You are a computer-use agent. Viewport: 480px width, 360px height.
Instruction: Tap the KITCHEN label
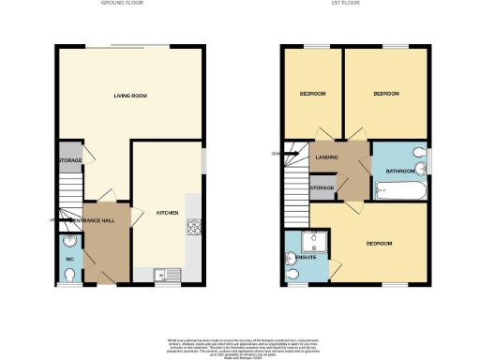167,213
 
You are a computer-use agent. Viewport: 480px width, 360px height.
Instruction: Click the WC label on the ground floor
69,259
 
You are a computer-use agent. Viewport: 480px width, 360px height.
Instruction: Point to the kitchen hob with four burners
194,226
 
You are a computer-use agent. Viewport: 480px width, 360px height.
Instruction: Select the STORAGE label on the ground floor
69,160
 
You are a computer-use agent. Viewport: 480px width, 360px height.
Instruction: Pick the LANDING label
326,157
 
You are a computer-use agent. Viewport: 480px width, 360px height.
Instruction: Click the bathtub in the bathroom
400,191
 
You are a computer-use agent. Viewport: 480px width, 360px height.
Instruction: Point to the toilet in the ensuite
293,273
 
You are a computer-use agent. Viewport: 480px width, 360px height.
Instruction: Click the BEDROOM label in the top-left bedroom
312,94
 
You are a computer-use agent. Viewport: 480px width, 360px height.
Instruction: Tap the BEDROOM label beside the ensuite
379,244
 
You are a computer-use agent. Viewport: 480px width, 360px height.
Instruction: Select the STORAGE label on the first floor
322,188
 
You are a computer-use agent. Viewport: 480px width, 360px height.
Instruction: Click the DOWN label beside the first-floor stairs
275,153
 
